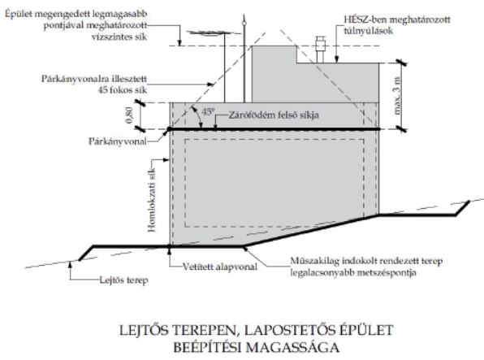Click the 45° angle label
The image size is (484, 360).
click(x=207, y=111)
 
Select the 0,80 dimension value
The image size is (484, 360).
click(x=130, y=115)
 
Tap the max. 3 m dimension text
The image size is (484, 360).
click(x=397, y=96)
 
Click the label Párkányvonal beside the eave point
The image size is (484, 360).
click(x=118, y=141)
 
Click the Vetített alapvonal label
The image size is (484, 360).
click(x=220, y=267)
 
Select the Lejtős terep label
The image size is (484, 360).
click(x=123, y=280)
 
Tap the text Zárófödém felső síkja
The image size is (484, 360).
click(x=274, y=115)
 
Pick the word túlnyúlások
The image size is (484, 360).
click(x=369, y=31)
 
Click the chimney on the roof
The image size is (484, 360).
click(x=320, y=50)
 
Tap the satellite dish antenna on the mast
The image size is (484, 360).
click(x=206, y=33)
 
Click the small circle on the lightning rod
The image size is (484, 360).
click(x=244, y=24)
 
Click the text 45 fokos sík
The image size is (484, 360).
click(x=123, y=90)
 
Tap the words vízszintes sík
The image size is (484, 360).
click(x=119, y=37)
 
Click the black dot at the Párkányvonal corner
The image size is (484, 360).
click(x=169, y=129)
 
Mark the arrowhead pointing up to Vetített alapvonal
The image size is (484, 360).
click(x=169, y=250)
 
